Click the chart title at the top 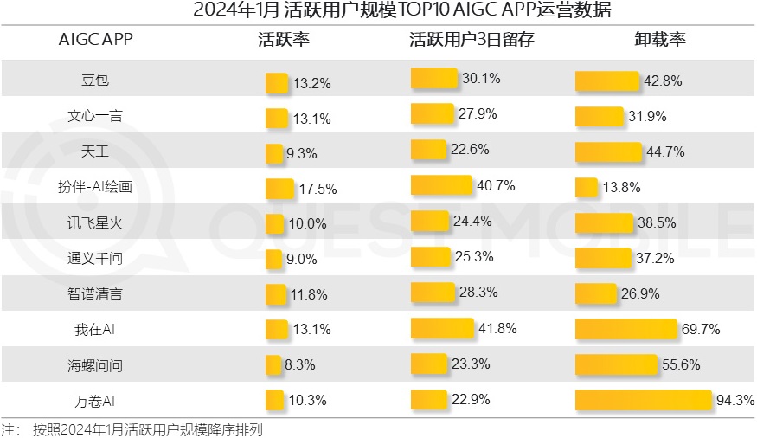point(378,10)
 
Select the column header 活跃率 point(284,40)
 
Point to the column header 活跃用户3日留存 point(472,40)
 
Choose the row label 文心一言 point(95,117)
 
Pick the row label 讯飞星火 point(95,222)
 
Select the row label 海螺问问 point(95,365)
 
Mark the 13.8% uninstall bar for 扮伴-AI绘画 point(587,187)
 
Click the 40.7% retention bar point(441,185)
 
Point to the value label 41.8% point(497,328)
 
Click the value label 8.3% point(300,365)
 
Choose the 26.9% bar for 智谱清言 point(597,293)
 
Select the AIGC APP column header point(95,40)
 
